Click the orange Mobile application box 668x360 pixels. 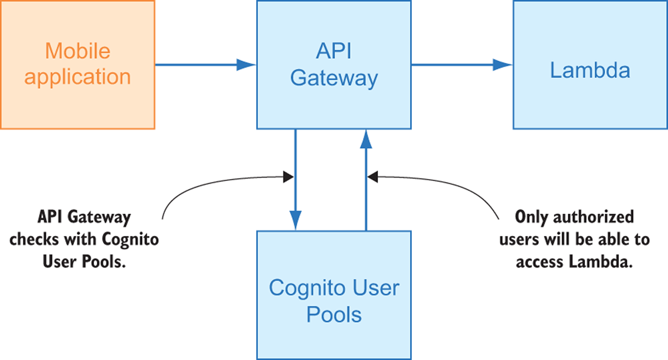pyautogui.click(x=77, y=65)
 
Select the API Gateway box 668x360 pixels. pyautogui.click(x=333, y=65)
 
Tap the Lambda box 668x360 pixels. pyautogui.click(x=590, y=65)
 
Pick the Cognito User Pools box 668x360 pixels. pyautogui.click(x=333, y=295)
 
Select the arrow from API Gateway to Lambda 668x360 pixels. pyautogui.click(x=461, y=65)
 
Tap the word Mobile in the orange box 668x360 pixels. pyautogui.click(x=77, y=51)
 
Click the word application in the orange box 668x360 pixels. pyautogui.click(x=77, y=77)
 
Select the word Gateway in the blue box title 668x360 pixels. pyautogui.click(x=333, y=78)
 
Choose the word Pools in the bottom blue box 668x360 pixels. pyautogui.click(x=333, y=315)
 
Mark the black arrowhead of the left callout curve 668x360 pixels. pyautogui.click(x=288, y=177)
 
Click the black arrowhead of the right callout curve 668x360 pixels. pyautogui.click(x=372, y=177)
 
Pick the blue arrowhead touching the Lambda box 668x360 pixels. pyautogui.click(x=506, y=65)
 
